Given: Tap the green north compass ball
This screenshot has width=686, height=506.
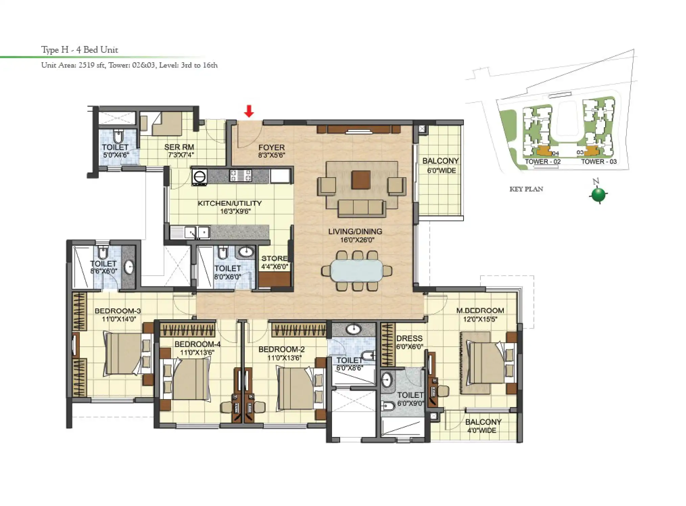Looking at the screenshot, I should (598, 194).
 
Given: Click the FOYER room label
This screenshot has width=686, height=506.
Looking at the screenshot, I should (271, 147).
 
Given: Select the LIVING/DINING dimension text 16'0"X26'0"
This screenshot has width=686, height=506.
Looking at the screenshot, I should (355, 240).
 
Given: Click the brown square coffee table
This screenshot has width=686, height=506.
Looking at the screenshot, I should (361, 180).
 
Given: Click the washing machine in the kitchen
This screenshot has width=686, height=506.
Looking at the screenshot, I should (199, 177).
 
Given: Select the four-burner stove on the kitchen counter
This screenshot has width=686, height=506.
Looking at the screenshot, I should (240, 176).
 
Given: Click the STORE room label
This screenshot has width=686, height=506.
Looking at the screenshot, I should (274, 258).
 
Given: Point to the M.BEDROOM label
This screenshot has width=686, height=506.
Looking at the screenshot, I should (480, 310).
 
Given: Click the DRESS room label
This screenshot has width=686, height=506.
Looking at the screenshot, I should (409, 338).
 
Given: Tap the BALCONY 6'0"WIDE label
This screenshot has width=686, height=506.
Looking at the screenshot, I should (441, 165).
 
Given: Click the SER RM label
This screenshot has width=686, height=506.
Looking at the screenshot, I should (179, 147).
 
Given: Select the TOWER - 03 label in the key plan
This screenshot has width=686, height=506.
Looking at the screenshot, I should (599, 162).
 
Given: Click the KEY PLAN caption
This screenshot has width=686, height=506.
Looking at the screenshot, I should (526, 189).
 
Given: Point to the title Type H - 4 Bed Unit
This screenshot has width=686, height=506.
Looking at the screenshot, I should (79, 50).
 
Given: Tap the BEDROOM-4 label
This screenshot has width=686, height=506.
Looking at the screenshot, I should (197, 344).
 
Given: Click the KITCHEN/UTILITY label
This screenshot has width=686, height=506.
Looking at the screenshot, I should (230, 203).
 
